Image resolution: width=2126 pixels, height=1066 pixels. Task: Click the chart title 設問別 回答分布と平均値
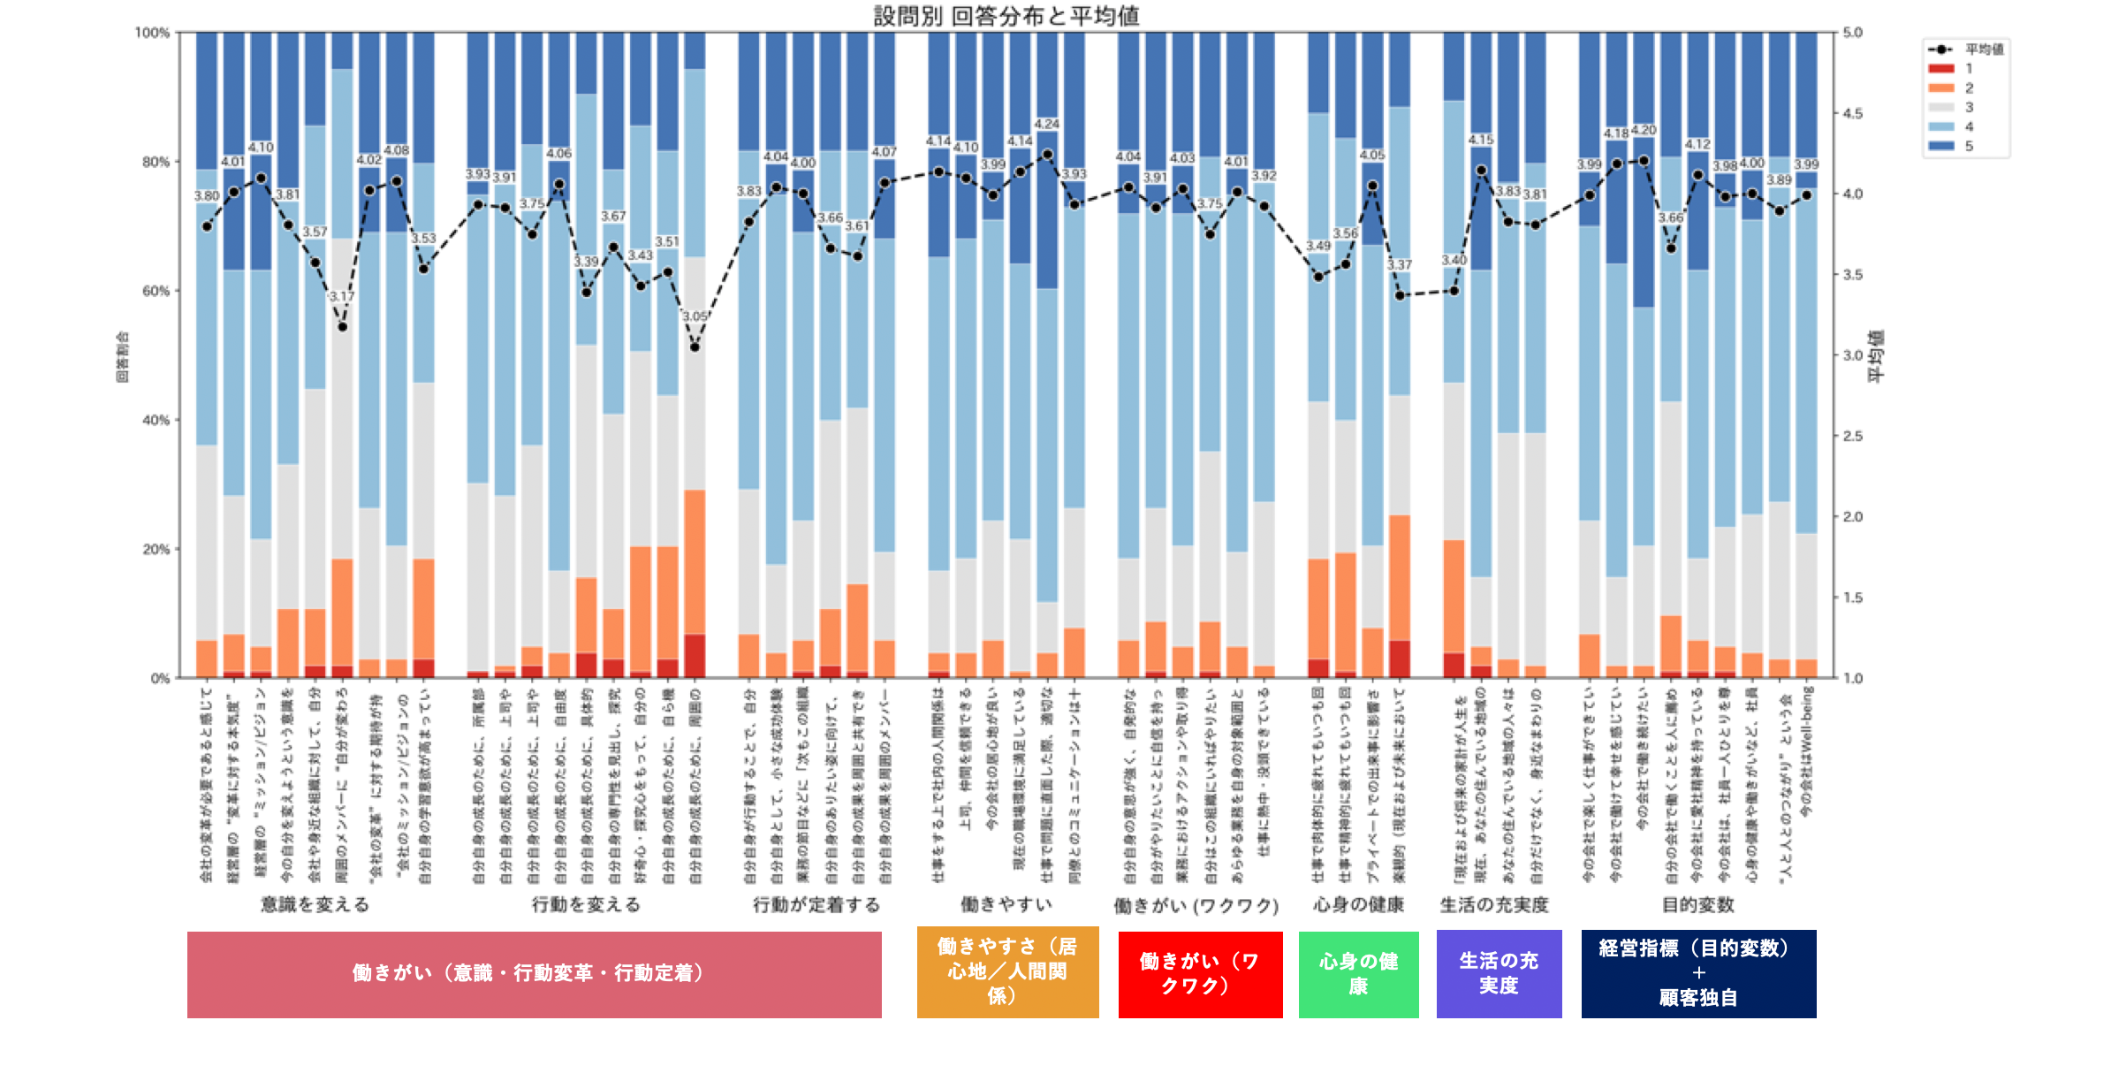point(1006,16)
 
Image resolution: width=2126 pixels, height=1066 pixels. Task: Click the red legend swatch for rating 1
point(1941,69)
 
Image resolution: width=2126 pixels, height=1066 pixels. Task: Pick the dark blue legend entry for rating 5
point(1941,146)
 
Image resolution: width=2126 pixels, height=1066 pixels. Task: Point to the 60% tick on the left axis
point(156,291)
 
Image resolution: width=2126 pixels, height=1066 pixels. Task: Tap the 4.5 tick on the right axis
point(1853,113)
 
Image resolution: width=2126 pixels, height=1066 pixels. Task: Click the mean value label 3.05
point(695,316)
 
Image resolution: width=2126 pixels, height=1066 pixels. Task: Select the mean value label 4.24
point(1047,125)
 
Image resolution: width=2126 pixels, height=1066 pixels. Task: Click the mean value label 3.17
point(342,296)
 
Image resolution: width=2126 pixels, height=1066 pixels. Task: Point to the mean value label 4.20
point(1644,131)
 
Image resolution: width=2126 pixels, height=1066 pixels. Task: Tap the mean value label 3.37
point(1400,265)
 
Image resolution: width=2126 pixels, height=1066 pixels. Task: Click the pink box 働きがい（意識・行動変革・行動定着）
point(534,974)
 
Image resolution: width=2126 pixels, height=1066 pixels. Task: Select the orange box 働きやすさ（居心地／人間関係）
point(1007,972)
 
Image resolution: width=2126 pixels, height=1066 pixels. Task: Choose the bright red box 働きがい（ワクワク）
point(1200,974)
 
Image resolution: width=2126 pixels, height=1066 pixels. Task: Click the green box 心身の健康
point(1358,974)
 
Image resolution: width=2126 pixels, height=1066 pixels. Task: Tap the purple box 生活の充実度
point(1499,974)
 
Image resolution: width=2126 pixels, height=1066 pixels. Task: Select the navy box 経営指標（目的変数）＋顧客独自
point(1698,974)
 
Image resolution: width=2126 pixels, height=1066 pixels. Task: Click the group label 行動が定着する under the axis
point(816,905)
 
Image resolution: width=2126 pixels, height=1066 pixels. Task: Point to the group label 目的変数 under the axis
point(1697,905)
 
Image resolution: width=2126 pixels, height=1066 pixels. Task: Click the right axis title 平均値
point(1876,355)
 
